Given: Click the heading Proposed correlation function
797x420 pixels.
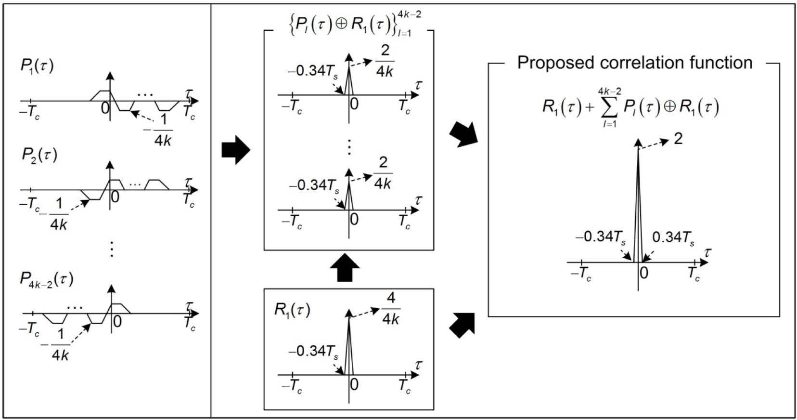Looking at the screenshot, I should pos(634,63).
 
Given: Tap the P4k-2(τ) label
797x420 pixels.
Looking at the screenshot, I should pos(46,279).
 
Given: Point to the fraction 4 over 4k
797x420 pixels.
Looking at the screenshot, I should pos(391,309).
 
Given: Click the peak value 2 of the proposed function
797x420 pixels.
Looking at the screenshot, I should pos(678,139).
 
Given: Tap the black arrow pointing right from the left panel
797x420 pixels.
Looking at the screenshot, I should pos(236,150).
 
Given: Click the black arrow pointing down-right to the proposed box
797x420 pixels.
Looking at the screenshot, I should pos(463,134).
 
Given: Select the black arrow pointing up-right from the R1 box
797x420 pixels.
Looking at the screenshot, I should pos(463,324).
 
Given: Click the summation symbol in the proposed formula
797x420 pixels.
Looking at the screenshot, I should pos(609,107).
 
